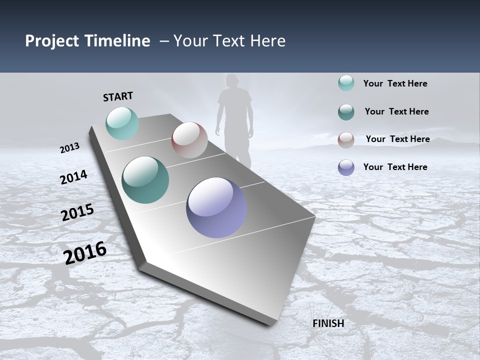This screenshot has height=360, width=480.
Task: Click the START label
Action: click(x=118, y=96)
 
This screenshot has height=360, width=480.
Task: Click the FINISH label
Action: click(x=328, y=323)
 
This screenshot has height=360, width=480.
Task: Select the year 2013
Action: click(x=69, y=147)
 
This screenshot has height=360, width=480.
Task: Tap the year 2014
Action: click(x=73, y=177)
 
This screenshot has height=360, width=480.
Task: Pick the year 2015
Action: click(x=77, y=212)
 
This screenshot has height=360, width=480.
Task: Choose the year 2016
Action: click(x=85, y=253)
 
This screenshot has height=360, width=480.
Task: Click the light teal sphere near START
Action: click(x=122, y=123)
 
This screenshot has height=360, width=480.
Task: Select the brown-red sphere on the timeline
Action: click(x=189, y=140)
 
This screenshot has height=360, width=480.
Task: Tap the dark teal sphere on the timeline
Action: click(x=145, y=180)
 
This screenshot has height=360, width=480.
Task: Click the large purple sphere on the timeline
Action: click(x=216, y=207)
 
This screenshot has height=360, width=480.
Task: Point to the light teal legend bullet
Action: click(x=346, y=83)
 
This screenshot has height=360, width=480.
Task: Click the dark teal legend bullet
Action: click(x=346, y=112)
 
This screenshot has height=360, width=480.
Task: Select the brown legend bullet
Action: click(x=346, y=140)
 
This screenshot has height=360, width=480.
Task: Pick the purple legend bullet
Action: click(x=346, y=167)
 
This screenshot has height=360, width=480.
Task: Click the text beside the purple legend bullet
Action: click(x=395, y=167)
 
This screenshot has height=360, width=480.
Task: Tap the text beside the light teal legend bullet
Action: click(x=395, y=83)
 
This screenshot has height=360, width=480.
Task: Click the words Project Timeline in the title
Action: click(x=87, y=41)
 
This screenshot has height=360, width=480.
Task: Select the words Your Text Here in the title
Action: click(x=229, y=41)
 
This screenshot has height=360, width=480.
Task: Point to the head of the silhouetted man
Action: click(x=231, y=82)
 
